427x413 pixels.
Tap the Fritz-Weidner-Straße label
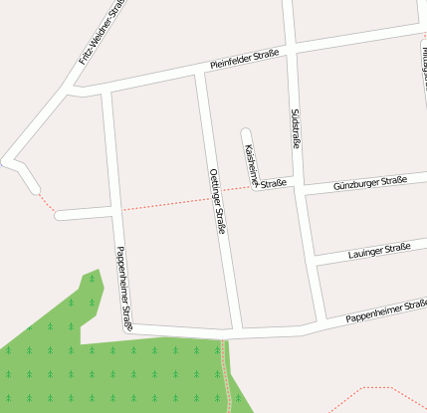[103, 33]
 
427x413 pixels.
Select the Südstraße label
[296, 129]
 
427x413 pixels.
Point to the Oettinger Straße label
[218, 200]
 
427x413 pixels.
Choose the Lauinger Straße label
[380, 251]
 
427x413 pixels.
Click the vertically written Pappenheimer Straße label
[124, 288]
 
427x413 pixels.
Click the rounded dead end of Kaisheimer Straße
[246, 132]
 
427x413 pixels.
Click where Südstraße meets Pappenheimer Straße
[318, 322]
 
